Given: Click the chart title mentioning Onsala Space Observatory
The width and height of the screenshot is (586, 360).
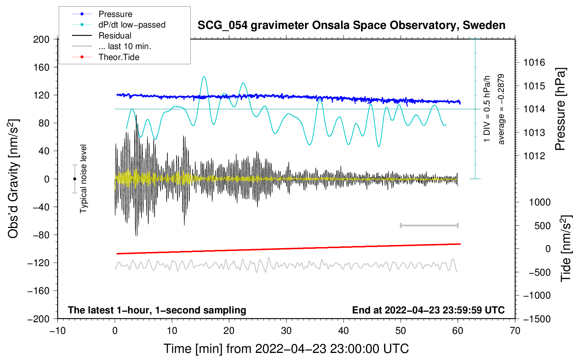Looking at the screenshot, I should pos(351,25).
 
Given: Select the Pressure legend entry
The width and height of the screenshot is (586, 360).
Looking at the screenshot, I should pos(115,14).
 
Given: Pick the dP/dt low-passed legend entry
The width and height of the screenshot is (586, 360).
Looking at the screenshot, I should pos(132,25).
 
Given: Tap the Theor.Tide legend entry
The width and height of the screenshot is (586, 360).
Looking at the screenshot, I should pos(119,57).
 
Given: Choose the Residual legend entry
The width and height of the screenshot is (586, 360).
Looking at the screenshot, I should pos(115,36).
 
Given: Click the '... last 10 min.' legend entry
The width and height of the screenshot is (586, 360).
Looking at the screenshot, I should pos(125,46).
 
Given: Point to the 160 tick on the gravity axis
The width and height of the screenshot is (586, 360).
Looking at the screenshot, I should pos(41,67).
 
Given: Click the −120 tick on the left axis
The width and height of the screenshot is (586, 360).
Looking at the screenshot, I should pos(39,263).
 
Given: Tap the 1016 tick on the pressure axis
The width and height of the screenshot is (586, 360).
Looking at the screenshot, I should pos(534,63).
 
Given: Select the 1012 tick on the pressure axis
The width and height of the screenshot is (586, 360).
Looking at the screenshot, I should pos(534,156).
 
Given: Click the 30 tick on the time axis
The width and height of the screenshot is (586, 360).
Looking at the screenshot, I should pos(286,331).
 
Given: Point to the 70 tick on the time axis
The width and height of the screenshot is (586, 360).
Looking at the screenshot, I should pos(515,331).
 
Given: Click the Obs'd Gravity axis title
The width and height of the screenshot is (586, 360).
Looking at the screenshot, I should pos(13,179).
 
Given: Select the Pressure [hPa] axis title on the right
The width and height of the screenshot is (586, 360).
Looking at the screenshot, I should pos(560,109).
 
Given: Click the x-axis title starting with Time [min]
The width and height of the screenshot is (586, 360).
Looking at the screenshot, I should pos(286,349).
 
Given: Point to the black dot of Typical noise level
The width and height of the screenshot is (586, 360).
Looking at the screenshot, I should pos(74,179).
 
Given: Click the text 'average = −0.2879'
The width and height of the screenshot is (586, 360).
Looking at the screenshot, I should pos(501,109).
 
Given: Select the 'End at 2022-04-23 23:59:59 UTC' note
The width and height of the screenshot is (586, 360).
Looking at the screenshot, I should pos(428,310).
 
